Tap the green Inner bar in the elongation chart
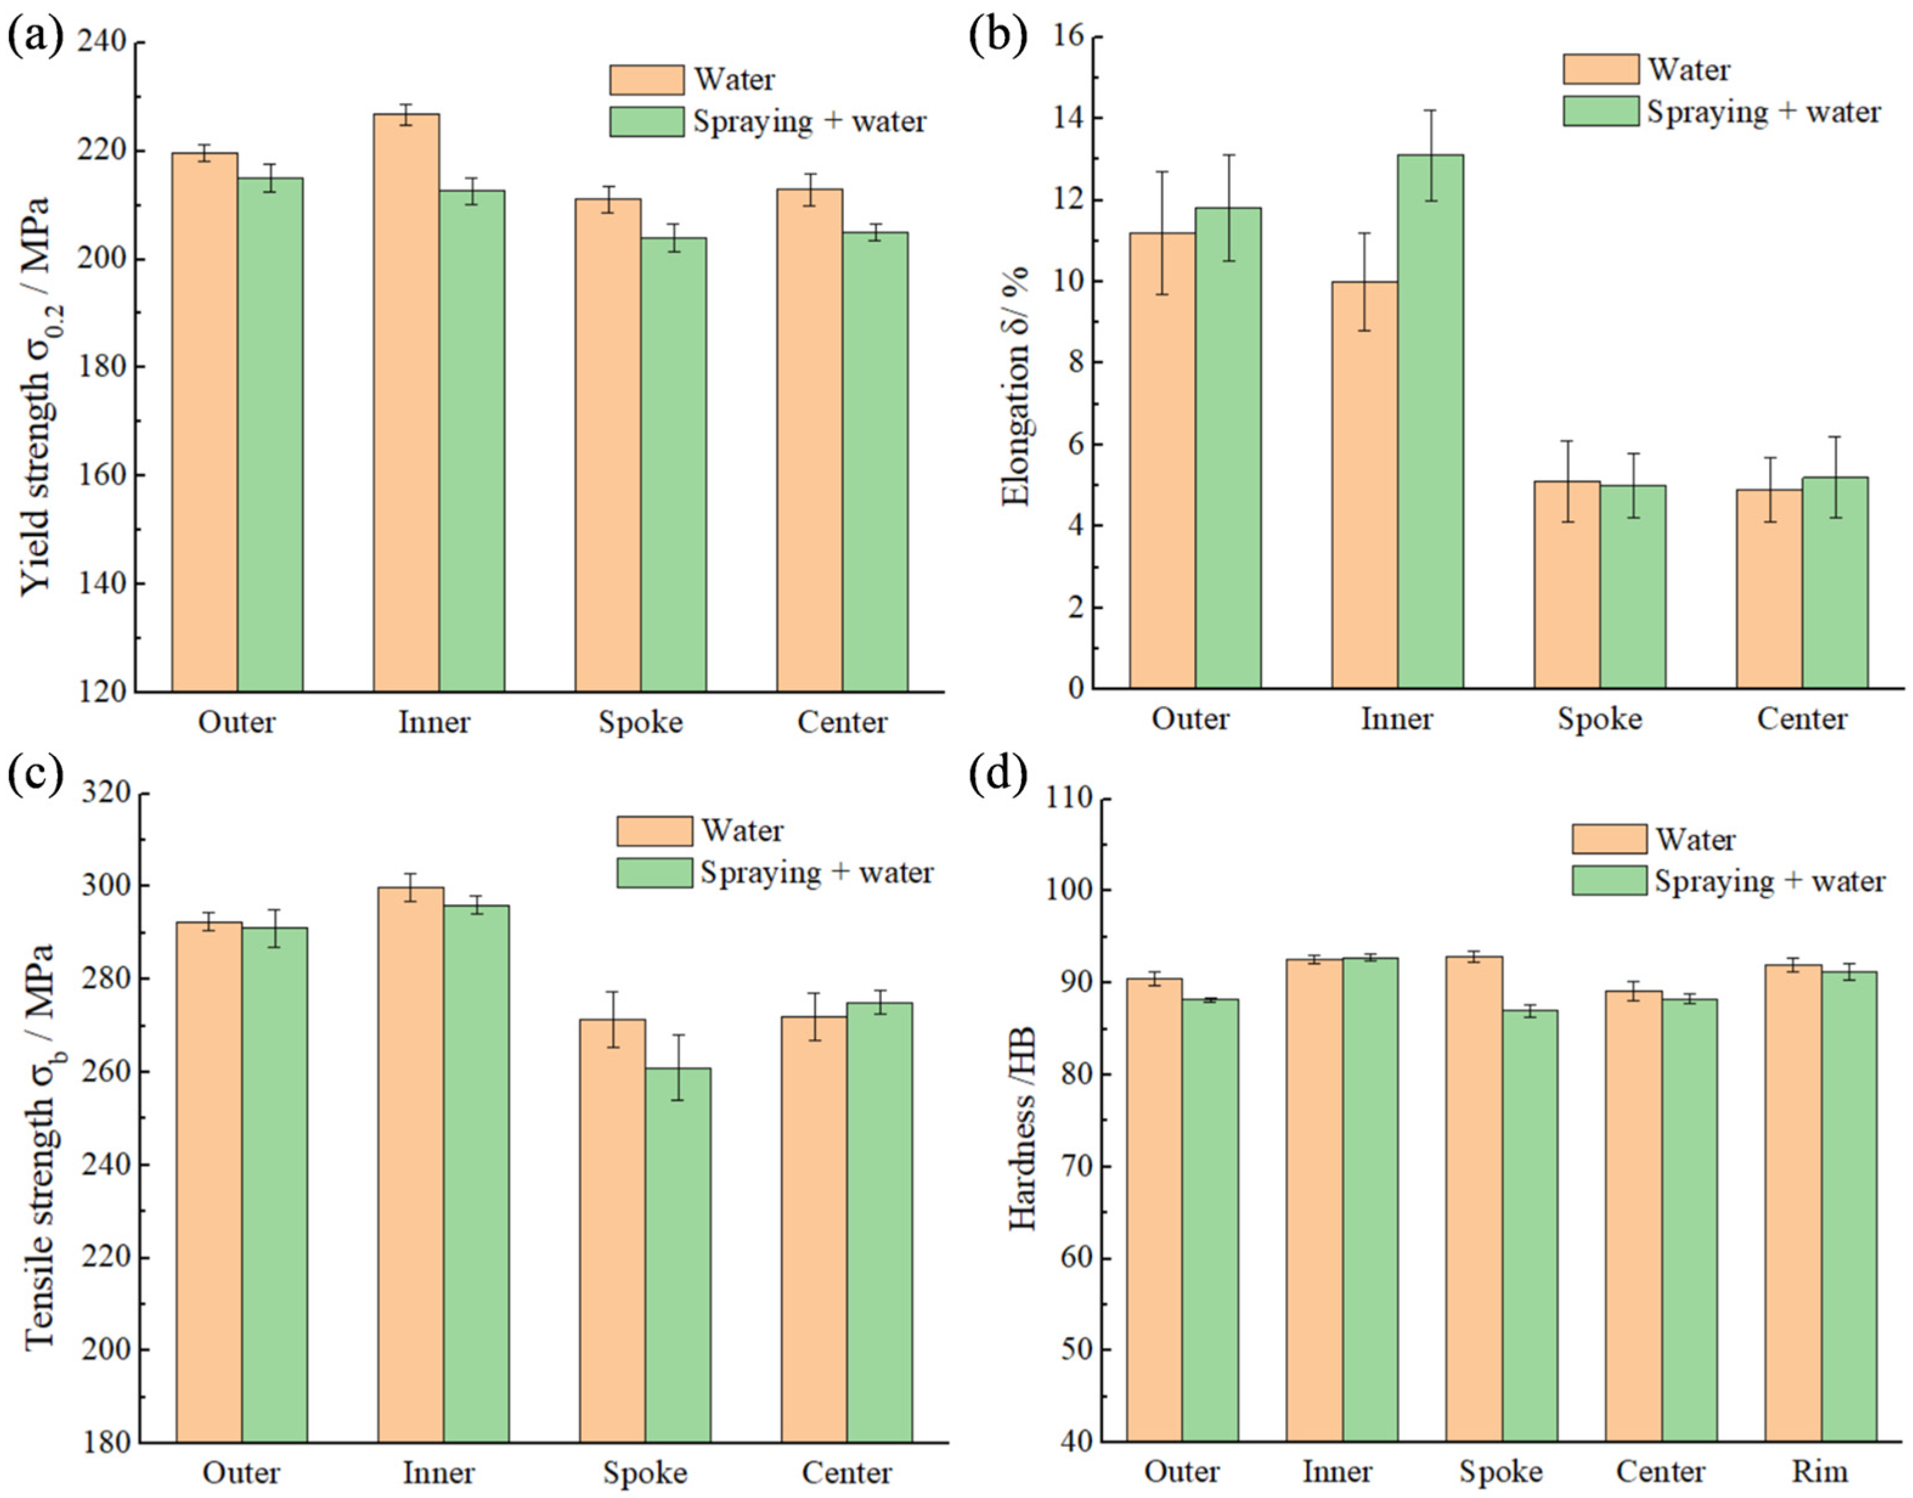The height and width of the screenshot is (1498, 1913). [1430, 421]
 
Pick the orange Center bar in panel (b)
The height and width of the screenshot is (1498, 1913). [1768, 588]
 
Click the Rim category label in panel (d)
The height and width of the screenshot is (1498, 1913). [1820, 1470]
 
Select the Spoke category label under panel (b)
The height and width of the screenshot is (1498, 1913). [1599, 719]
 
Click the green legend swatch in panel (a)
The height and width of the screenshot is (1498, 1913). [647, 122]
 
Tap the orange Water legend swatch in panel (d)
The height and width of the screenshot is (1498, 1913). [1608, 839]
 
